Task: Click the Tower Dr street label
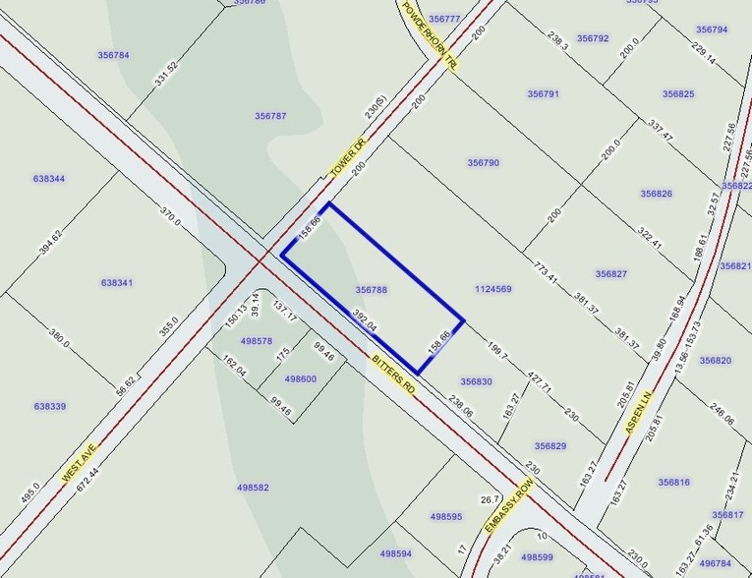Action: click(347, 156)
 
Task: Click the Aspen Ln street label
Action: click(638, 412)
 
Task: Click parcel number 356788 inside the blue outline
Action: click(371, 290)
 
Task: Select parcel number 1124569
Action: click(492, 289)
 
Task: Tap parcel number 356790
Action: click(483, 163)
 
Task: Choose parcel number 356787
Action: click(270, 116)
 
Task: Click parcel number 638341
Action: click(116, 283)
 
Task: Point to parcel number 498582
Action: click(253, 487)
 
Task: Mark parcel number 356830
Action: click(476, 381)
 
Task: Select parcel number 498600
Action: click(300, 378)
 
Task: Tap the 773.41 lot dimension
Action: click(546, 272)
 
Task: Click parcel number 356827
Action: click(610, 273)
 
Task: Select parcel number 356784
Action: click(113, 55)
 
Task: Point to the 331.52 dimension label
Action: click(166, 73)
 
